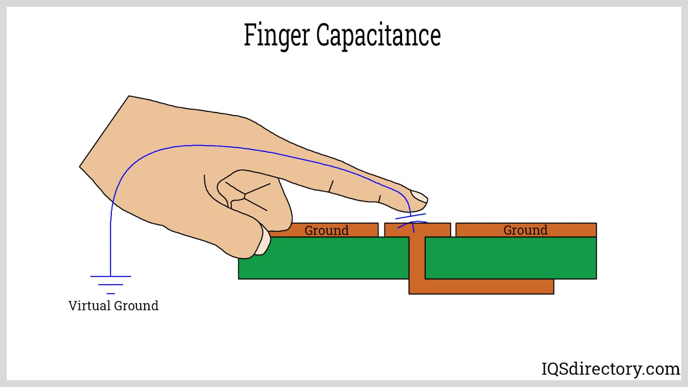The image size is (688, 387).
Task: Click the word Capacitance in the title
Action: click(x=378, y=35)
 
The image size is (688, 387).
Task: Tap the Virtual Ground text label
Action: click(x=114, y=306)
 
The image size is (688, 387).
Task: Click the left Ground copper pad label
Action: click(x=326, y=230)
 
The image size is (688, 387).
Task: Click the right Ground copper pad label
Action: click(x=525, y=230)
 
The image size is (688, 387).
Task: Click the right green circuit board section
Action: click(x=510, y=258)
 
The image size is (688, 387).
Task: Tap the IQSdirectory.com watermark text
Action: click(x=611, y=369)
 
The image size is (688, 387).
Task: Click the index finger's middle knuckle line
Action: click(x=331, y=186)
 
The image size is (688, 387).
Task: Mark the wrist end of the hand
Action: click(x=103, y=131)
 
